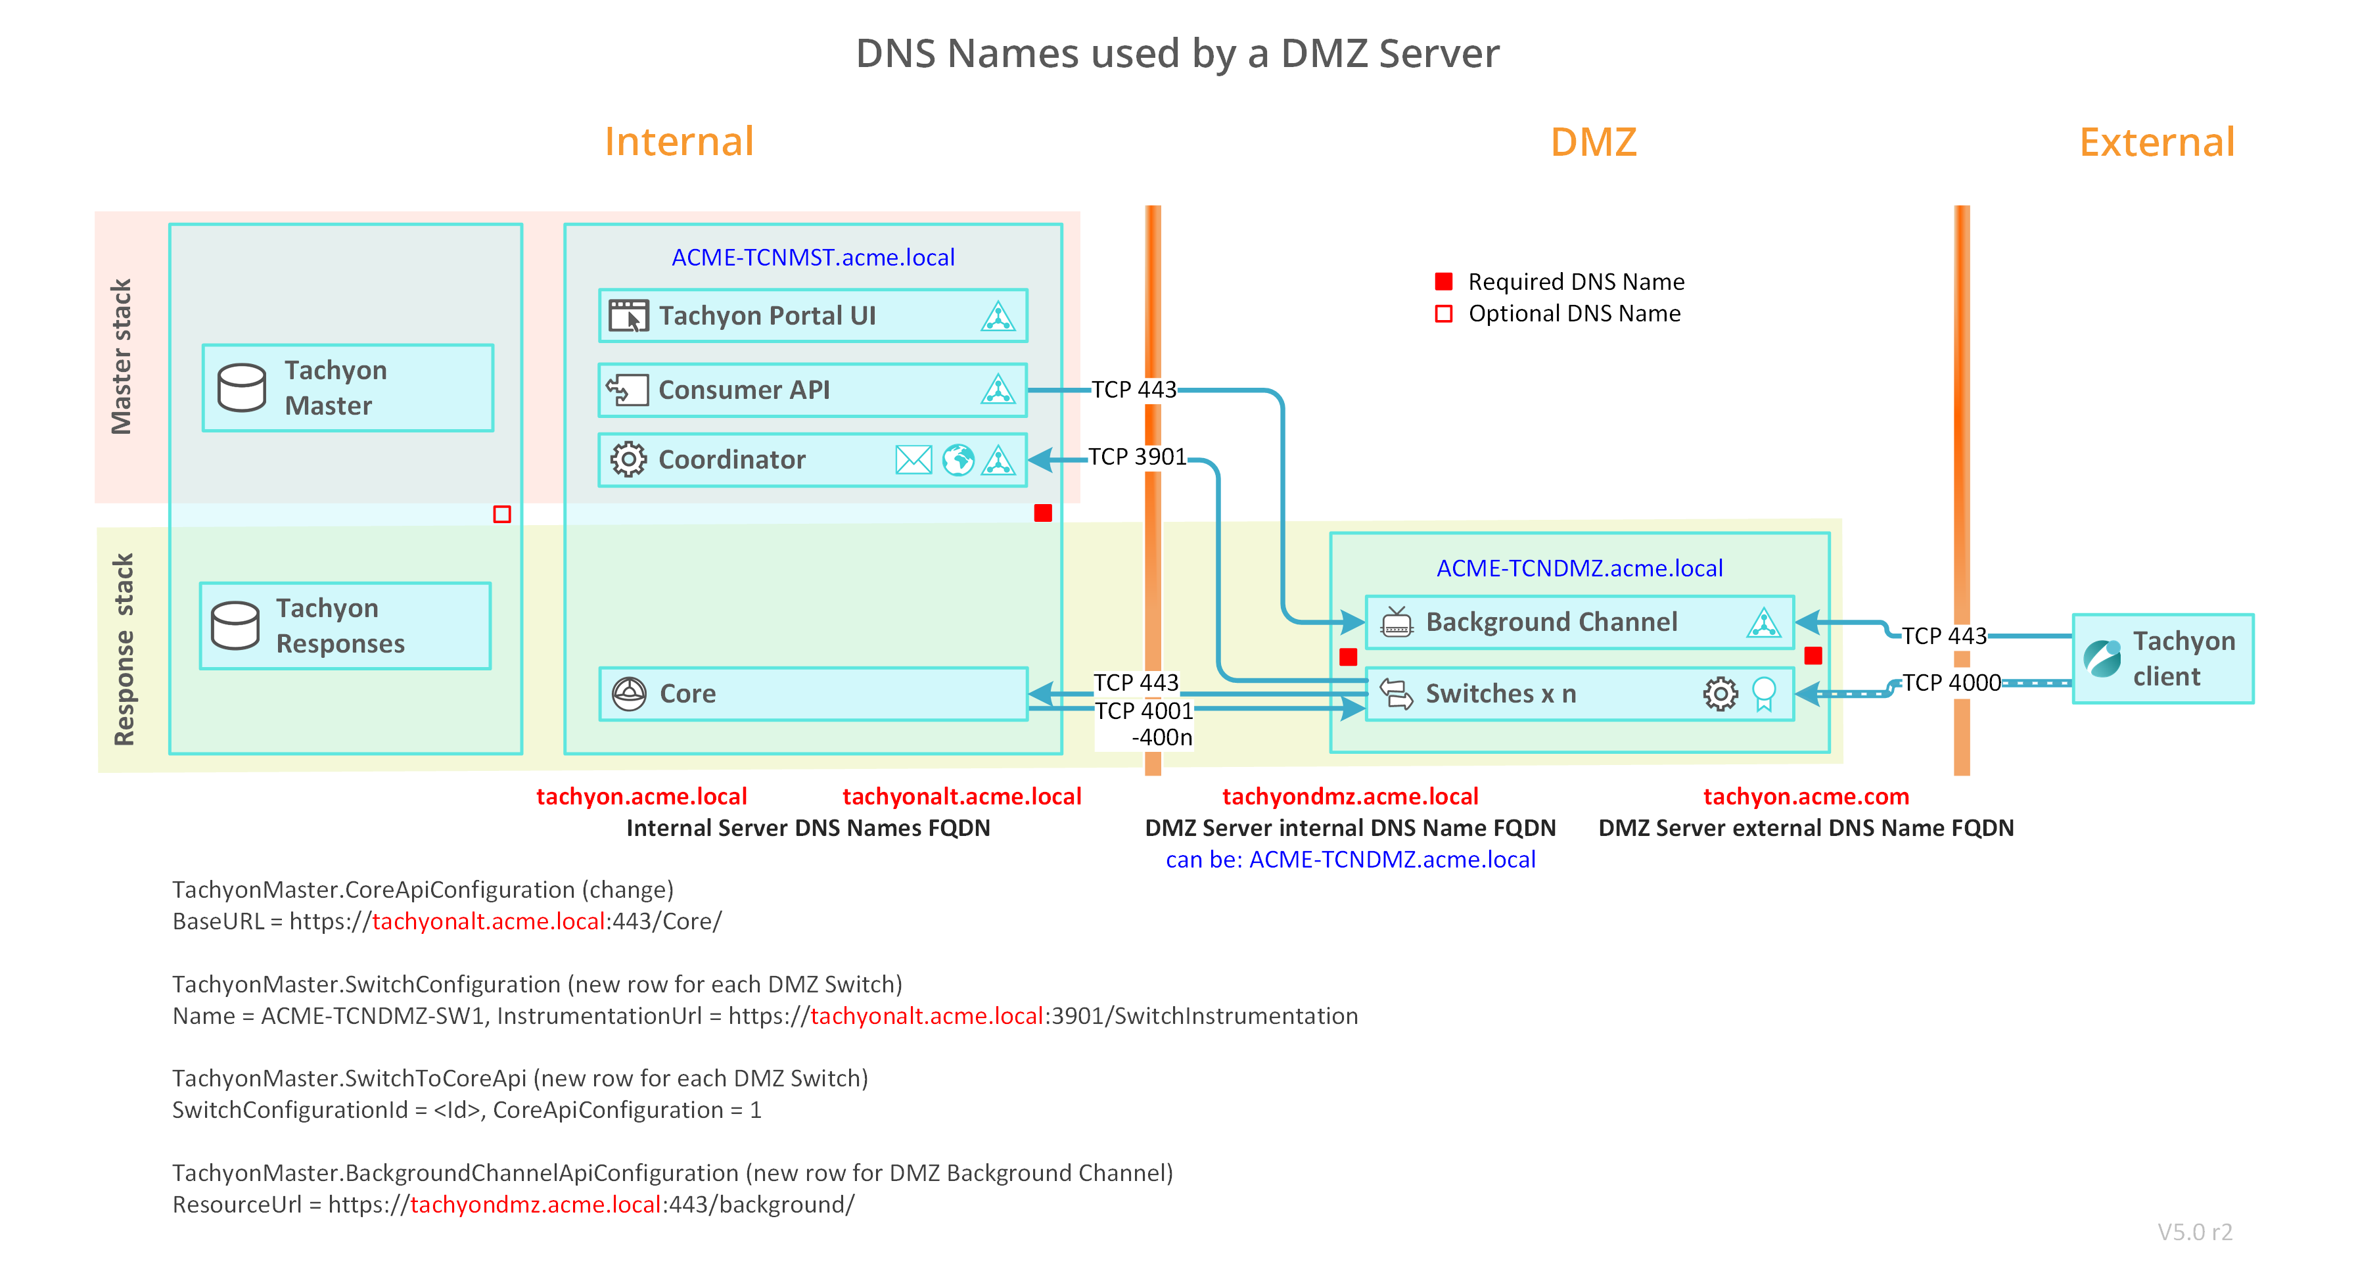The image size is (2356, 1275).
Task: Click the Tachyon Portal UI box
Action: point(812,315)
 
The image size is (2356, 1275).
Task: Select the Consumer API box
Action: point(812,390)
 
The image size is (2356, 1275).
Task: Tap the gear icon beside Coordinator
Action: point(628,459)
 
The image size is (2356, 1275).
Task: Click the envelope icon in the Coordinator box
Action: point(913,459)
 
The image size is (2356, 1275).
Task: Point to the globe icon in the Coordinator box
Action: point(958,459)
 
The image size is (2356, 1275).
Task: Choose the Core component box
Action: point(812,693)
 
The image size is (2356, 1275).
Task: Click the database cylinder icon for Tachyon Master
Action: point(241,388)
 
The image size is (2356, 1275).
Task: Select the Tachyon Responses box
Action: point(346,626)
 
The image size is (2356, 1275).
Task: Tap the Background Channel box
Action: point(1579,622)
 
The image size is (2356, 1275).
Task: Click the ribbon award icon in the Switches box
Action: point(1763,694)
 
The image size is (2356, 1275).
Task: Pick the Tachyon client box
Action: point(2163,659)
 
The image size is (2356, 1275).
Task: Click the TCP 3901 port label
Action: point(1137,456)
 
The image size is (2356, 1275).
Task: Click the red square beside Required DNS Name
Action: point(1444,281)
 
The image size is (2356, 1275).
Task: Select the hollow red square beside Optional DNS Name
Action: point(1444,313)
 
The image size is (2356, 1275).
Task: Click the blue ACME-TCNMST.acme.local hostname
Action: point(813,257)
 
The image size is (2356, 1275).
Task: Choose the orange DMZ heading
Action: point(1593,142)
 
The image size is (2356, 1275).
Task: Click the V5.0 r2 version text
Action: point(2195,1232)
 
